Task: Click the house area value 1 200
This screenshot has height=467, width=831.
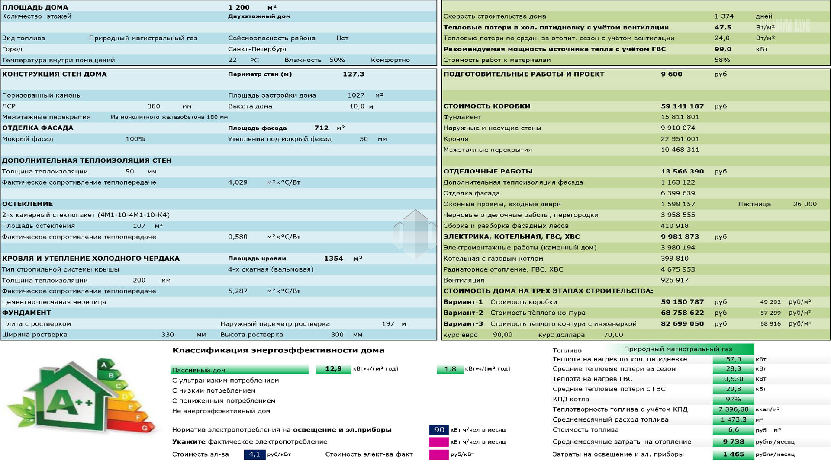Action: (x=239, y=7)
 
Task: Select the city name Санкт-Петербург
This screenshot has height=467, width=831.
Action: (x=258, y=49)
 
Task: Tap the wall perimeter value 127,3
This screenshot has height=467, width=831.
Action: (x=353, y=74)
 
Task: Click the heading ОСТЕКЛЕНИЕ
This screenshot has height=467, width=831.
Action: (x=27, y=204)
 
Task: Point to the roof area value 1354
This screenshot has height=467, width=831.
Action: (x=333, y=259)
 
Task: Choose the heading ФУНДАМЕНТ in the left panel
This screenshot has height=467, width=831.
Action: (x=26, y=313)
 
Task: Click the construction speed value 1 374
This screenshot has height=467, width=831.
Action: (x=724, y=16)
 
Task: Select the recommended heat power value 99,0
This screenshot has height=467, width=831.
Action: (x=723, y=49)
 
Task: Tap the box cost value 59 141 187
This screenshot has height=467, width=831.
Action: (x=682, y=106)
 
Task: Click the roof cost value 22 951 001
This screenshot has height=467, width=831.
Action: (x=680, y=139)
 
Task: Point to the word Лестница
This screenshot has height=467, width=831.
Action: (x=754, y=204)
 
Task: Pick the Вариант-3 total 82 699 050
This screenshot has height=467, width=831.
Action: (x=682, y=323)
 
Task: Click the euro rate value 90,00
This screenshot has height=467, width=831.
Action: (x=502, y=335)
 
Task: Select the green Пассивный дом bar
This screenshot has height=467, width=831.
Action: (x=239, y=370)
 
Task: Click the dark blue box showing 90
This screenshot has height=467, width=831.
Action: (x=439, y=430)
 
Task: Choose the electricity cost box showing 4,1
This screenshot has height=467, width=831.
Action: (x=254, y=454)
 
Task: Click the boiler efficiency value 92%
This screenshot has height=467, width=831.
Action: (x=733, y=399)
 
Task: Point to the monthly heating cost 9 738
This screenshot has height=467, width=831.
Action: (x=733, y=442)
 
